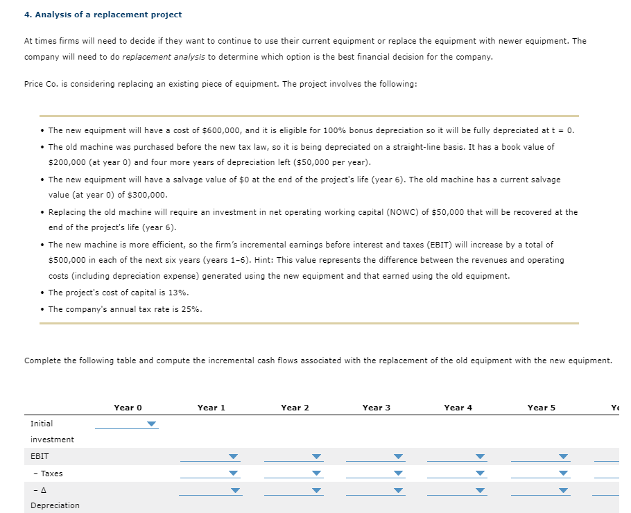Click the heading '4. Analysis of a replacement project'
(x=103, y=15)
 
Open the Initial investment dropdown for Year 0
(x=126, y=424)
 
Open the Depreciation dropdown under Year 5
(x=541, y=491)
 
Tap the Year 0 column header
(x=128, y=408)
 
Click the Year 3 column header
(x=377, y=408)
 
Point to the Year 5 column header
(x=542, y=408)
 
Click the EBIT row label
(x=40, y=457)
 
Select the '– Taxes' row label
(x=48, y=474)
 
